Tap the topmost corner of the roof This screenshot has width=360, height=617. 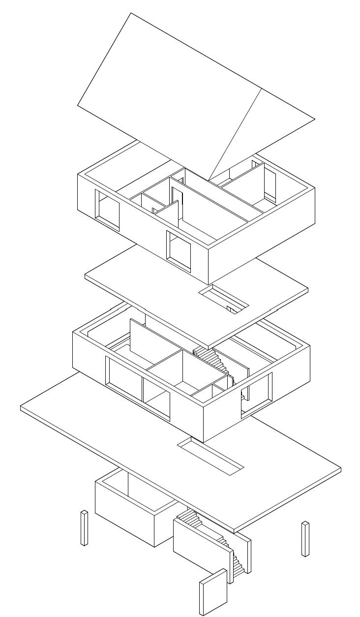pyautogui.click(x=130, y=13)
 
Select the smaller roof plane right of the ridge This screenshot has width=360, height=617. pyautogui.click(x=266, y=133)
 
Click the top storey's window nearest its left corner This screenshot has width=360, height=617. pyautogui.click(x=108, y=210)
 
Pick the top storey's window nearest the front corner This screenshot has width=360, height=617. pyautogui.click(x=179, y=250)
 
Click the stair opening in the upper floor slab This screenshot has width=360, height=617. pyautogui.click(x=224, y=299)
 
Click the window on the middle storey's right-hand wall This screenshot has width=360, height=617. pyautogui.click(x=256, y=394)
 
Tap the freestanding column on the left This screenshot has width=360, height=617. pyautogui.click(x=84, y=528)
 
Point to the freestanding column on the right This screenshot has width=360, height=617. pyautogui.click(x=305, y=539)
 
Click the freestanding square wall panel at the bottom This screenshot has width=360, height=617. pyautogui.click(x=211, y=593)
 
